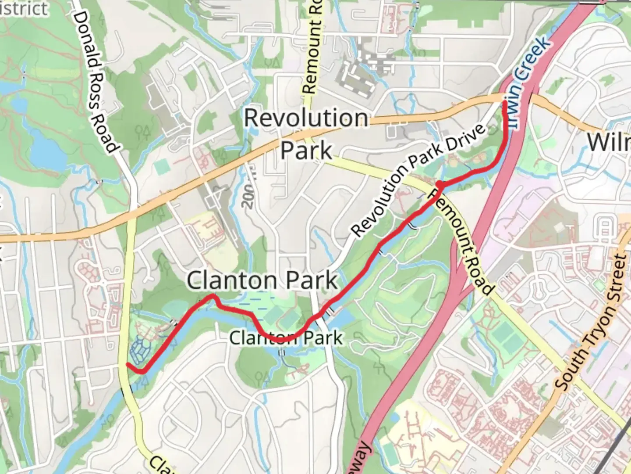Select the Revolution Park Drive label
[x=418, y=180]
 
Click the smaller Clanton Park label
[x=286, y=338]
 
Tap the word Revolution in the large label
[x=306, y=118]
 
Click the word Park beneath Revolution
[x=306, y=150]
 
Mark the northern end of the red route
[x=505, y=103]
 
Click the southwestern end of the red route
[x=128, y=364]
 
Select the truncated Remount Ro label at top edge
[x=312, y=46]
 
